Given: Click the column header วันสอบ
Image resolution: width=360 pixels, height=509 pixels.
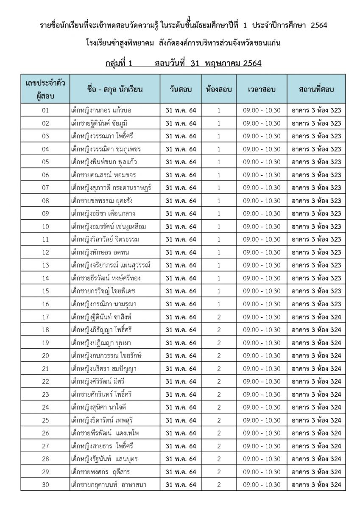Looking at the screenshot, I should pos(181,89).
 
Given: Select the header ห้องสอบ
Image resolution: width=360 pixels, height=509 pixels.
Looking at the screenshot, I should pos(219,89).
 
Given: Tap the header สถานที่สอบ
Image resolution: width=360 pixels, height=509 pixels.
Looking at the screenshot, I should pos(316,89).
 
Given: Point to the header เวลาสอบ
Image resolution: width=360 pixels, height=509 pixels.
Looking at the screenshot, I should pos(262,89).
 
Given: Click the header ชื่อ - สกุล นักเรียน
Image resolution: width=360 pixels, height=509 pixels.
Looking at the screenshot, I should pos(114,89).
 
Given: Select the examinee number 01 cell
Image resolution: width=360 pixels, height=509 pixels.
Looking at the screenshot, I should pos(46,110).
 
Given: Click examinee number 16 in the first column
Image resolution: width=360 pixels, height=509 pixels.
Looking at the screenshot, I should pos(46,304).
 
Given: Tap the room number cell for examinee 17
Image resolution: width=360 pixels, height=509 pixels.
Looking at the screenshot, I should pos(219,317).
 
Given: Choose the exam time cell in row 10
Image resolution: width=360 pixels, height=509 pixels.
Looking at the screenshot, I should pos(262,227).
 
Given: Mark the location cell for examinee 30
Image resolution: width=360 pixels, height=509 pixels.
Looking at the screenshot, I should pos(316,485).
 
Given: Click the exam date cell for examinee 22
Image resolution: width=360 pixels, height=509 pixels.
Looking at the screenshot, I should pos(181,382).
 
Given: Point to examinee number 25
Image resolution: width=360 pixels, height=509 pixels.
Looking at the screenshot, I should pos(46,420).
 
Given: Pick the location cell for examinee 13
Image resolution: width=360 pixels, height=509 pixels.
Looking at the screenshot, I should pos(316,266).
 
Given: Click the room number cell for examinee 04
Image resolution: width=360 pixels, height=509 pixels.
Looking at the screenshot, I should pos(219,149).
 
